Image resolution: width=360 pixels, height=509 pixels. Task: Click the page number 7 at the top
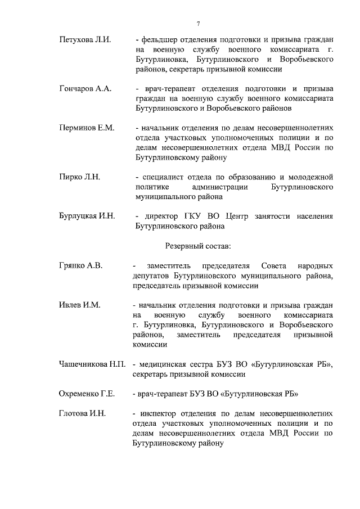[x=198, y=24]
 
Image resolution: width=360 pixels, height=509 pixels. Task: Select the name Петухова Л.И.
[x=85, y=40]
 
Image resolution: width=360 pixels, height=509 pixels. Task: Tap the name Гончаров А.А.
[x=85, y=89]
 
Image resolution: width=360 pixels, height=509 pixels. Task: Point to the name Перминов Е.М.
[x=87, y=128]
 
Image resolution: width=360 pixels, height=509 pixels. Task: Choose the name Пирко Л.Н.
[x=79, y=177]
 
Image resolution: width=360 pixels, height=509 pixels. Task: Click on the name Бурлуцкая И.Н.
[x=87, y=216]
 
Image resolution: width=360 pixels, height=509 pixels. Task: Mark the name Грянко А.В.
[x=81, y=265]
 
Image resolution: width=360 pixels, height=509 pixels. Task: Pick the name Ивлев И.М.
[x=79, y=305]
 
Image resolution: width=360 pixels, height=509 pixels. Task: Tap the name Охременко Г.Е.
[x=87, y=394]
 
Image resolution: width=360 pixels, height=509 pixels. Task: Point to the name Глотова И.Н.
[x=83, y=413]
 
